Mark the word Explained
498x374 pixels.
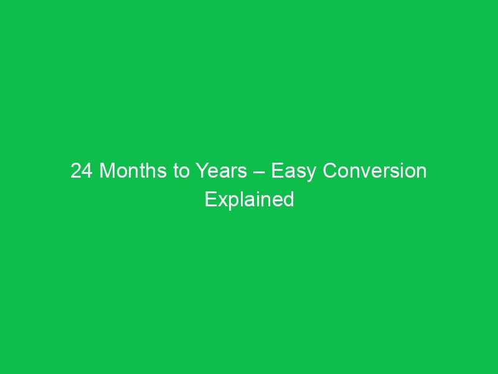click(x=250, y=199)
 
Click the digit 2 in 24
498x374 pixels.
click(x=76, y=171)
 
